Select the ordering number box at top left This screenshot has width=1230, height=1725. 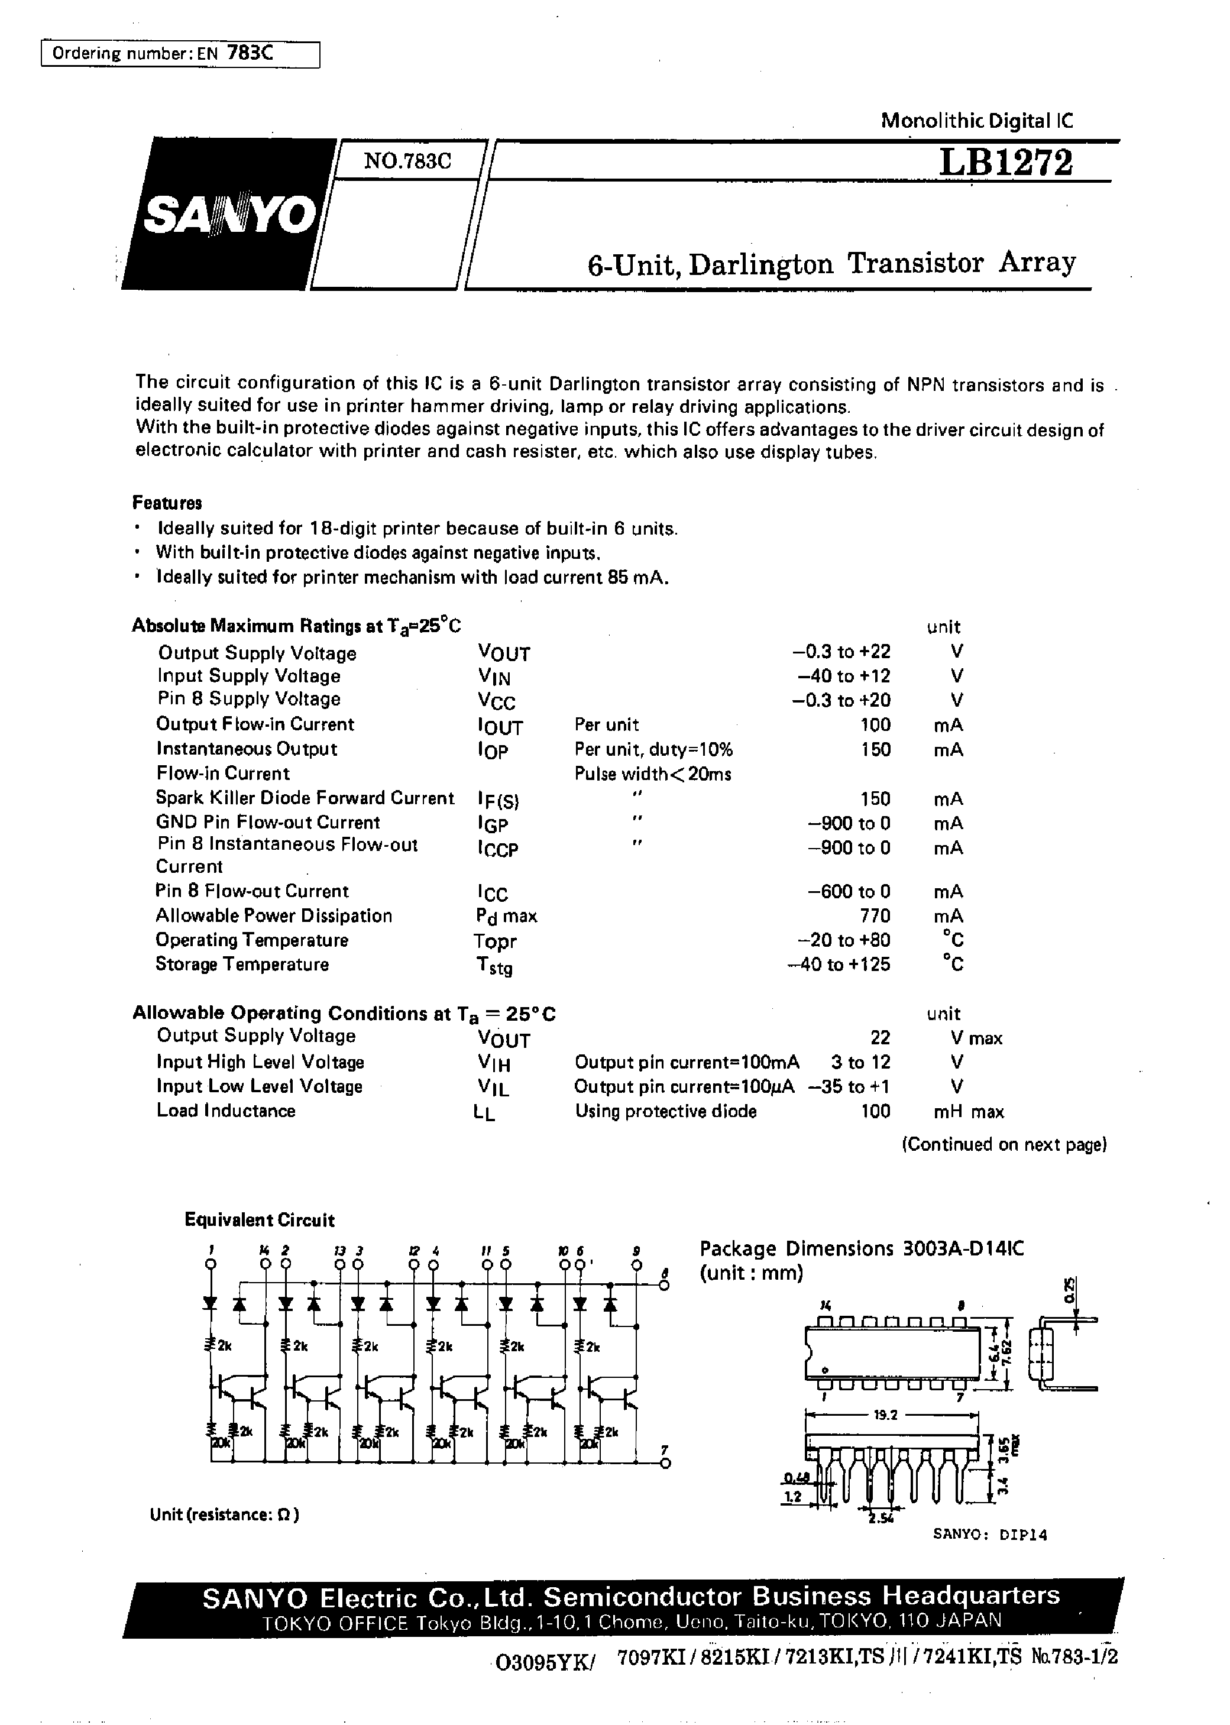coord(180,54)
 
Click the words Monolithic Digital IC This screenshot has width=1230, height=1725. coord(976,121)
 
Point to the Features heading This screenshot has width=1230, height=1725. coord(167,503)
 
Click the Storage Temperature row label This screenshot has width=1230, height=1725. coord(242,965)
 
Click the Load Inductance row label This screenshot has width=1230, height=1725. coord(226,1111)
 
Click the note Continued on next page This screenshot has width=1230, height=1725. coord(1004,1144)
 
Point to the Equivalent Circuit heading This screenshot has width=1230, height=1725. coord(259,1220)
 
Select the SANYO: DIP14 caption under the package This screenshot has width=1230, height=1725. coord(990,1535)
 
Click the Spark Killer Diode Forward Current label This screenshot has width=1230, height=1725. coord(305,798)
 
